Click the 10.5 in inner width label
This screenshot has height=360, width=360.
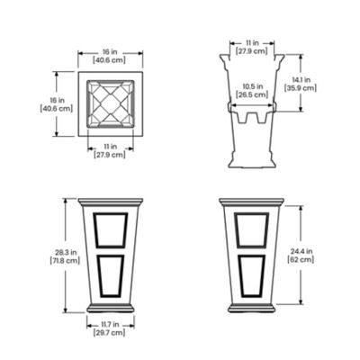coord(252,88)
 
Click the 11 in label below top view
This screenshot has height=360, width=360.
coord(110,148)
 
